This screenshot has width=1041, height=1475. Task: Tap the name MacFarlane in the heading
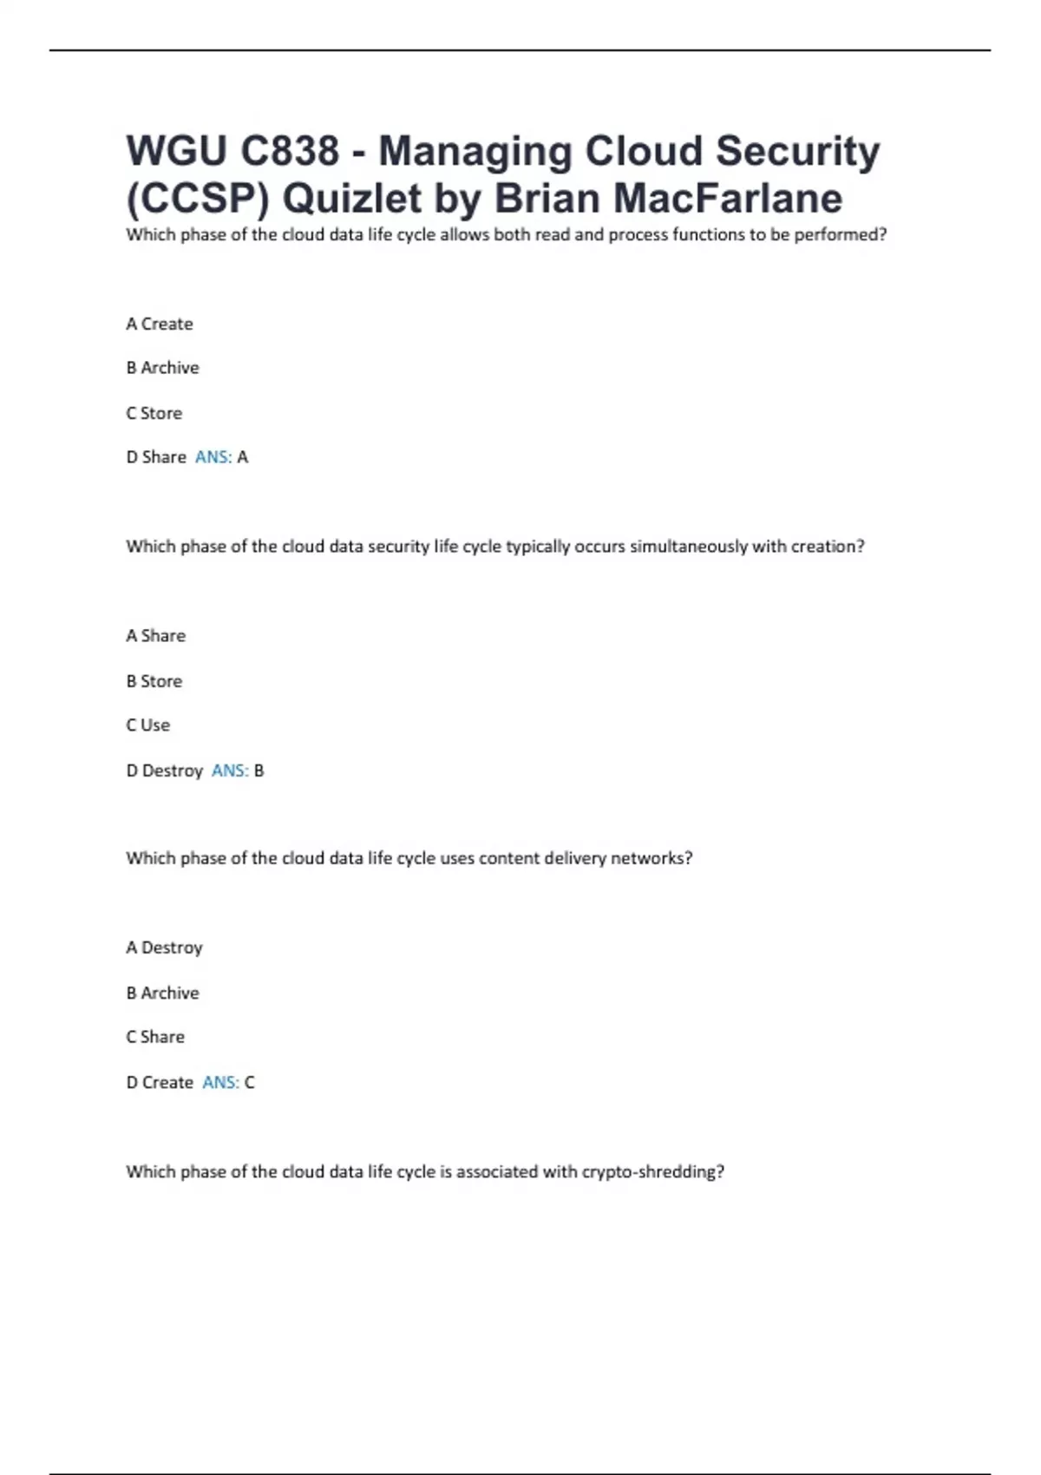click(x=728, y=198)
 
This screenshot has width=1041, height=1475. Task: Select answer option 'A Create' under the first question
click(x=160, y=324)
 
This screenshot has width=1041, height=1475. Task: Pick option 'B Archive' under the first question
click(x=162, y=368)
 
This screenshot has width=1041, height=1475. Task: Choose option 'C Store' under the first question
click(x=154, y=413)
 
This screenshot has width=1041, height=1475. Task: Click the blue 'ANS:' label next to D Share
click(x=213, y=457)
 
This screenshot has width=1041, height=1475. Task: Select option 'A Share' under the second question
click(x=156, y=636)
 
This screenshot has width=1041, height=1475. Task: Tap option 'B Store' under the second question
click(x=154, y=681)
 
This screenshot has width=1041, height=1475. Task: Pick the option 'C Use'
click(x=148, y=725)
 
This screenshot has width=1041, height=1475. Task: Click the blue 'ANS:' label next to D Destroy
click(x=230, y=770)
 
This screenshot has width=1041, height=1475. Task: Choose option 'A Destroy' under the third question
click(x=164, y=947)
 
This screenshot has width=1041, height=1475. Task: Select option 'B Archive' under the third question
click(x=162, y=993)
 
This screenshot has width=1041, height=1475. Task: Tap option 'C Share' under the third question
click(x=155, y=1037)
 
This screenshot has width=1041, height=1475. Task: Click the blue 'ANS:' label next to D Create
click(x=220, y=1082)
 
